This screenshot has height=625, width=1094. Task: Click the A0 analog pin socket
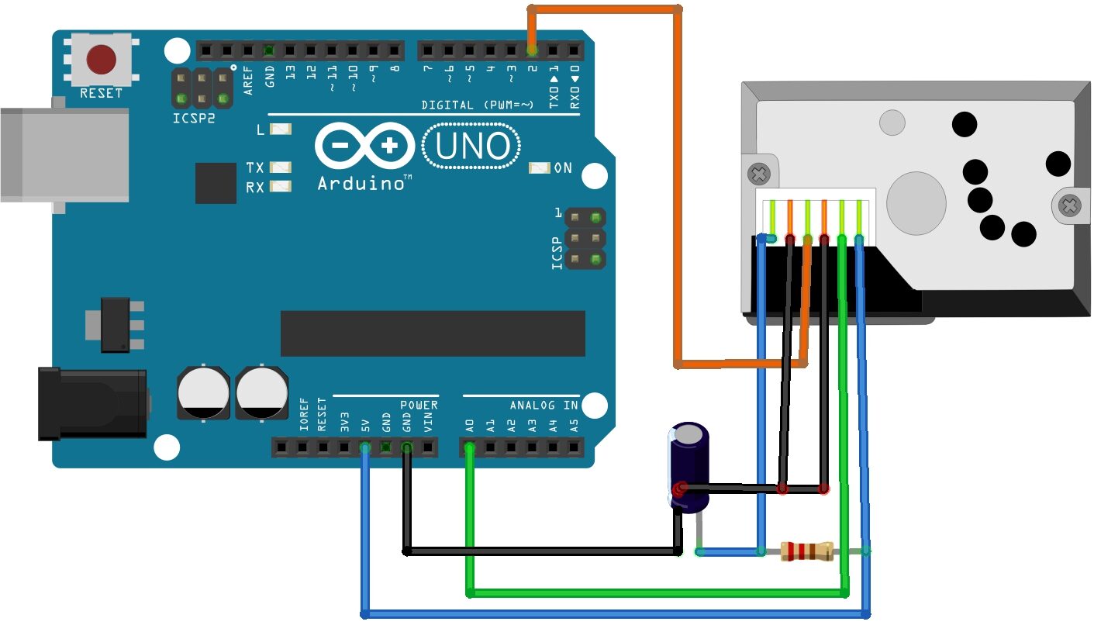[469, 447]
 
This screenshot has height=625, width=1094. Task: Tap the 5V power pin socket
[364, 447]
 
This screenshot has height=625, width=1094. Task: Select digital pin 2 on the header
[533, 51]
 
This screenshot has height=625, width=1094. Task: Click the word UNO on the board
[472, 147]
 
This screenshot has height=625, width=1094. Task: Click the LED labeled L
[281, 129]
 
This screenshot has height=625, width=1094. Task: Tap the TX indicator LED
[281, 167]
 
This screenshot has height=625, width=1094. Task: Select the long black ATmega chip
[433, 333]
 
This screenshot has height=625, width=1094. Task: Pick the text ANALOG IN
[544, 405]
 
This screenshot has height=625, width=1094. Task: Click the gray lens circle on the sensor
[916, 202]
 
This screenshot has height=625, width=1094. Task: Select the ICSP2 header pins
[202, 88]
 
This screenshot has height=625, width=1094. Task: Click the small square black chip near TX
[216, 183]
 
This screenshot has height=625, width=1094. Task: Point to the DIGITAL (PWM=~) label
[477, 105]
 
